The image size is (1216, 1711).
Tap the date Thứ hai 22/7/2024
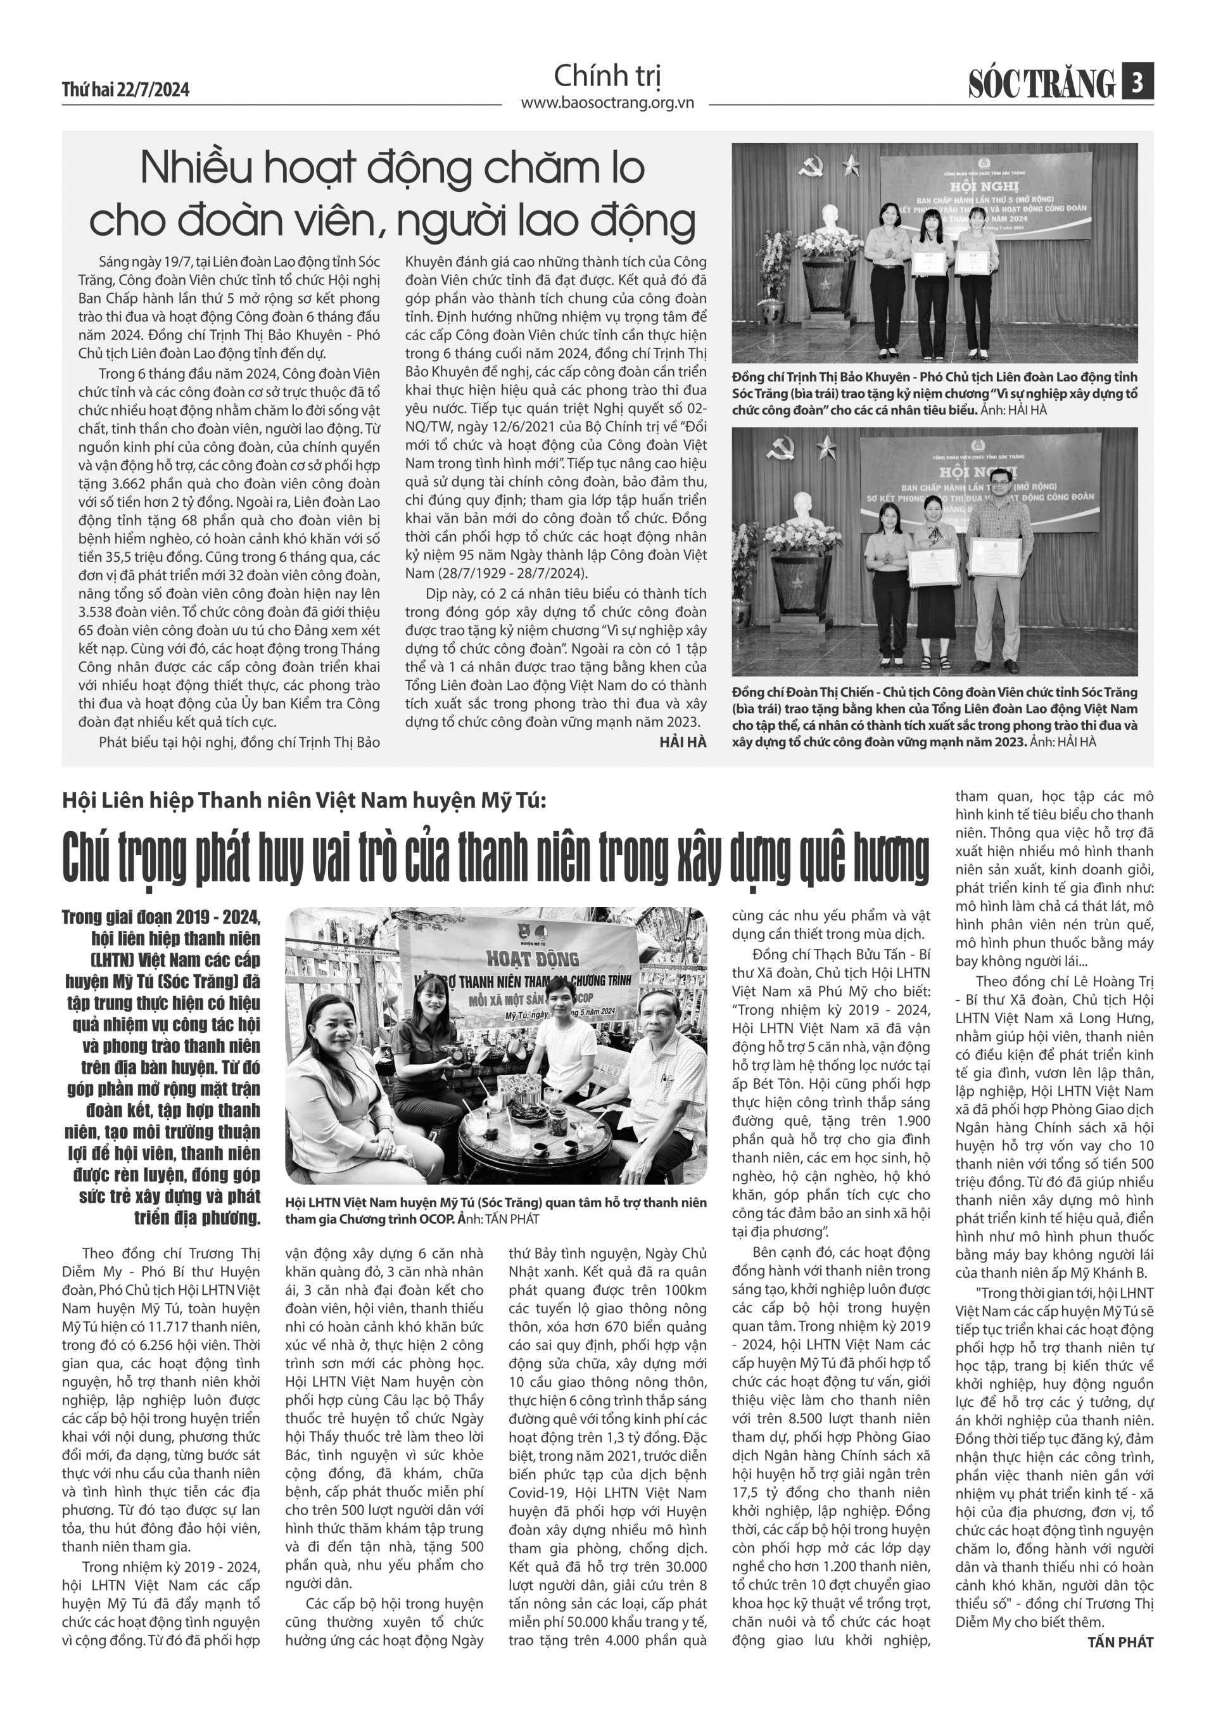coord(126,91)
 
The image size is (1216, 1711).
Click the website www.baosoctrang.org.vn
coord(607,103)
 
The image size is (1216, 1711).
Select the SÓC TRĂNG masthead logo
coord(1042,83)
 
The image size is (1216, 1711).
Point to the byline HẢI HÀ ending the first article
coord(683,741)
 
